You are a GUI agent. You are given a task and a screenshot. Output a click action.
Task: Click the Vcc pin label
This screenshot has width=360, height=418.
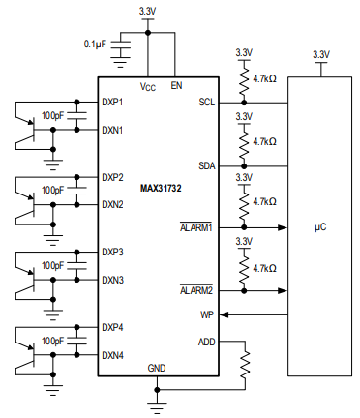pyautogui.click(x=147, y=86)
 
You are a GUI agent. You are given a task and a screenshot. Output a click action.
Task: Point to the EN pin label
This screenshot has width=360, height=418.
pyautogui.click(x=175, y=86)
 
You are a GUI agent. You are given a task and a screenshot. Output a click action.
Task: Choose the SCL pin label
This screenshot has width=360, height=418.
pyautogui.click(x=206, y=102)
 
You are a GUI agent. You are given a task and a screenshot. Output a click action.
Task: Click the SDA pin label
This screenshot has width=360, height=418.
pyautogui.click(x=206, y=165)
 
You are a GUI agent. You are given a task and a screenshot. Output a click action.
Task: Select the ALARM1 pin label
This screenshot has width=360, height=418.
pyautogui.click(x=198, y=227)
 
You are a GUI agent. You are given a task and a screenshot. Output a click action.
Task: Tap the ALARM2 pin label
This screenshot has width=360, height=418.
pyautogui.click(x=198, y=289)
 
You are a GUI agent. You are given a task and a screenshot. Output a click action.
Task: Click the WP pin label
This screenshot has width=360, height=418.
pyautogui.click(x=207, y=314)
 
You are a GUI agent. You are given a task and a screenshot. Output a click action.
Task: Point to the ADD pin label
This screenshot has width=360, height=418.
pyautogui.click(x=206, y=341)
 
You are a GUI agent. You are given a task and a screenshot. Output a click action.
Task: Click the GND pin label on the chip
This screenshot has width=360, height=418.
pyautogui.click(x=157, y=369)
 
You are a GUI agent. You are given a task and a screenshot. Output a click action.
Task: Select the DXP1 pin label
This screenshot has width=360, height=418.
pyautogui.click(x=112, y=102)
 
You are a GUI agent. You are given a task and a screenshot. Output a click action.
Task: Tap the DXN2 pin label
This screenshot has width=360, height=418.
pyautogui.click(x=112, y=204)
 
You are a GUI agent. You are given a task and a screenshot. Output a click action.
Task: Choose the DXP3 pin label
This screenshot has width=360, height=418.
pyautogui.click(x=112, y=252)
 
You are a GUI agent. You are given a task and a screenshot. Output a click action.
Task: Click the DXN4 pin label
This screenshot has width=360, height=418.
pyautogui.click(x=112, y=354)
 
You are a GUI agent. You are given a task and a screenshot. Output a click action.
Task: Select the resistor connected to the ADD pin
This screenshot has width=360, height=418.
pyautogui.click(x=246, y=364)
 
